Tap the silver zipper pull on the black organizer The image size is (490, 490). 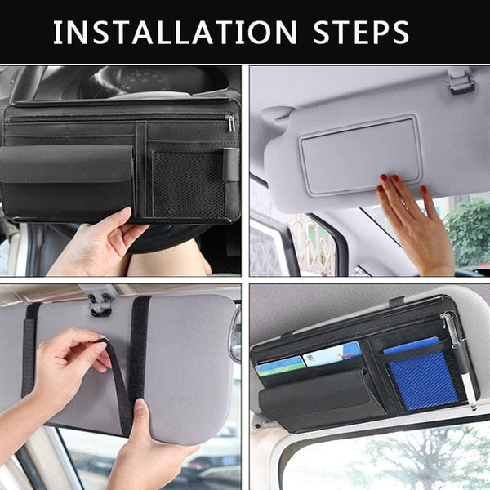[231, 122]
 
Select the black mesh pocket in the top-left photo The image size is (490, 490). [188, 184]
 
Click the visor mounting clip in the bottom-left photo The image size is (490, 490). [100, 301]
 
